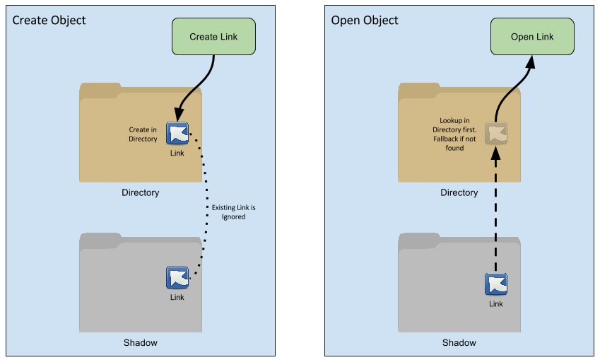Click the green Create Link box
pos(213,37)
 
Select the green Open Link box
pos(532,37)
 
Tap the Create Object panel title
pos(49,20)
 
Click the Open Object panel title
pos(365,20)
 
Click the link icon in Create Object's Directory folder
pos(177,134)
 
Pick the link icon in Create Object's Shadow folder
pos(177,277)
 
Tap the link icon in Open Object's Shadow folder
pos(496,284)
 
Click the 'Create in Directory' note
pos(143,134)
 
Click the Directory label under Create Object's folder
pos(141,192)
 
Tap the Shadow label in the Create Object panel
pos(141,342)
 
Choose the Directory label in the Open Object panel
pos(459,192)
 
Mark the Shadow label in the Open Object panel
pos(459,342)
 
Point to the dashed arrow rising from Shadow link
pos(496,212)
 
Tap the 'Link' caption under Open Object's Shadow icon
pos(496,304)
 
